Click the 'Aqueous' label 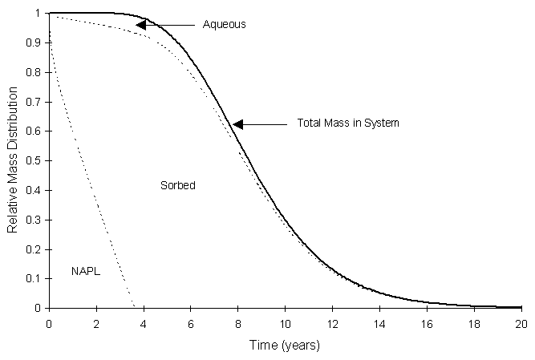(225, 25)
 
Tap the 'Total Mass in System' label (348, 123)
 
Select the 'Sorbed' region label (178, 185)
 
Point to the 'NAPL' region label (84, 273)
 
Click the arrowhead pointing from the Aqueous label (140, 25)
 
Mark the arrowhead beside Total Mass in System (237, 124)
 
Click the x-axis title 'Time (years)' (286, 346)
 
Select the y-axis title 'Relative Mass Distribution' (13, 160)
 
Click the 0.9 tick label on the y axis (34, 43)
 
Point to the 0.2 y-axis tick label (34, 249)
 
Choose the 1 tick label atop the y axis (39, 14)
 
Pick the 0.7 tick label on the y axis (34, 102)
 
